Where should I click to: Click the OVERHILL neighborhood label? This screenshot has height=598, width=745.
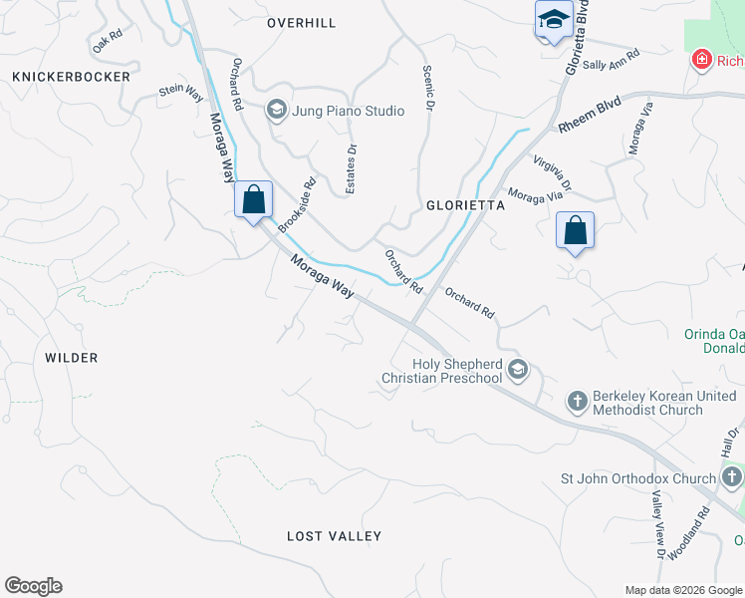301,23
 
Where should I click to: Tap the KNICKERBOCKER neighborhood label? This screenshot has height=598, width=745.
71,77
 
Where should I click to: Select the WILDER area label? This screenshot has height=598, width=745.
72,358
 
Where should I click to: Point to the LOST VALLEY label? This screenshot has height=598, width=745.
334,536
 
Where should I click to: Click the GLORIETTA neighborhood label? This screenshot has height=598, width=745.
466,205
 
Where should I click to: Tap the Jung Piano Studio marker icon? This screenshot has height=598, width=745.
276,111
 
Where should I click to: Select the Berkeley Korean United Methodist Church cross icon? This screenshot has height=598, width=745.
577,402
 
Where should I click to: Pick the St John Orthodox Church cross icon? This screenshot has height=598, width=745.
732,478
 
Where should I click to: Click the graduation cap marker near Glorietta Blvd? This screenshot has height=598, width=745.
553,20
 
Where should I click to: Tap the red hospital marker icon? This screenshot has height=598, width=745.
702,61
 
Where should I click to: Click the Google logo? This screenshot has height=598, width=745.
33,586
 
